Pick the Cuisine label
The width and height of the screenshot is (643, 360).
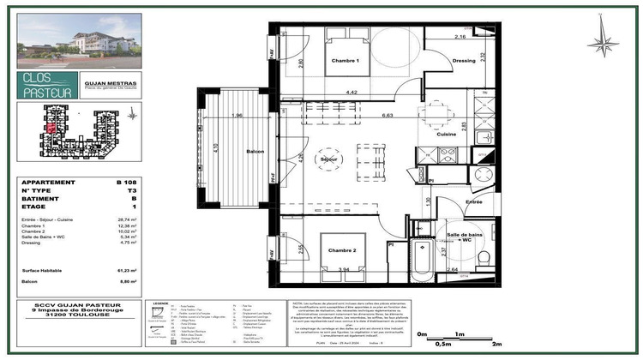[447, 134]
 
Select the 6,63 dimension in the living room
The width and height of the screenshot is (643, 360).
[388, 115]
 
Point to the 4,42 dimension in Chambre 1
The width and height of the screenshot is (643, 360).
[352, 92]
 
